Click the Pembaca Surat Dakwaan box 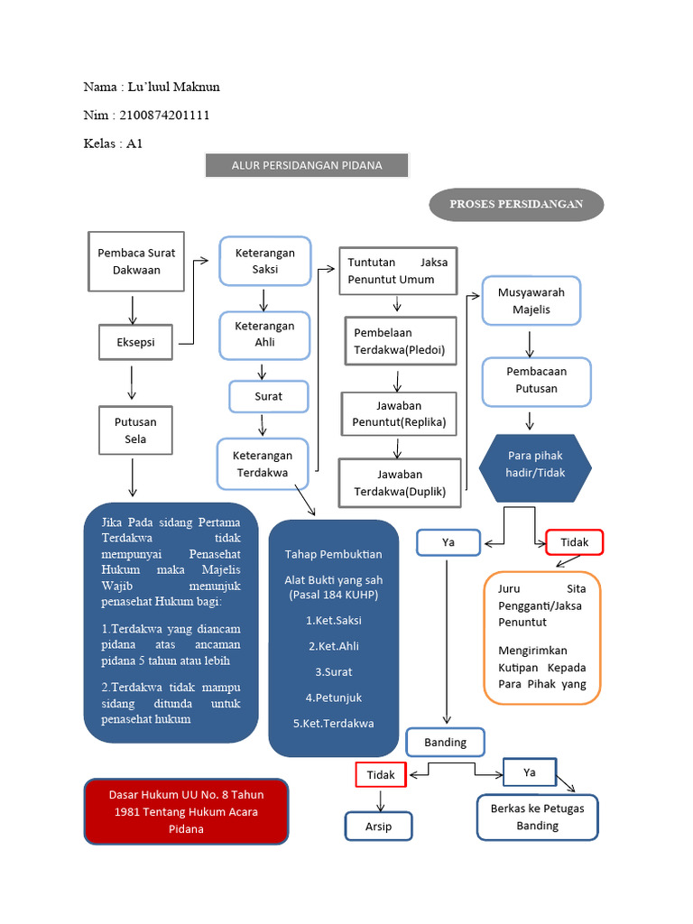point(136,262)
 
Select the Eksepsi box point(135,342)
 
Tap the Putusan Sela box point(135,430)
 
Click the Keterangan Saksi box point(264,261)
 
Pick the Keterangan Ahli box point(264,334)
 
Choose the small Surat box point(268,396)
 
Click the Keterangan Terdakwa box point(263,464)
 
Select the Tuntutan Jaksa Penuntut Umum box point(397,271)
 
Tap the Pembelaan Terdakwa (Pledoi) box point(400,341)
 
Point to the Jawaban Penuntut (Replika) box point(399,414)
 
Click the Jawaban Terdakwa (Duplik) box point(400,484)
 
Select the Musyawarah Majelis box point(531,300)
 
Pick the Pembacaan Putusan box point(536,381)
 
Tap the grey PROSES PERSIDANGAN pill point(515,204)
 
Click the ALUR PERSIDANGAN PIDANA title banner point(307,165)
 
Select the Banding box point(445,743)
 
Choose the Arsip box point(379,826)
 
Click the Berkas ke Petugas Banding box point(537,817)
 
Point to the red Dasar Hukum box point(187,811)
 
